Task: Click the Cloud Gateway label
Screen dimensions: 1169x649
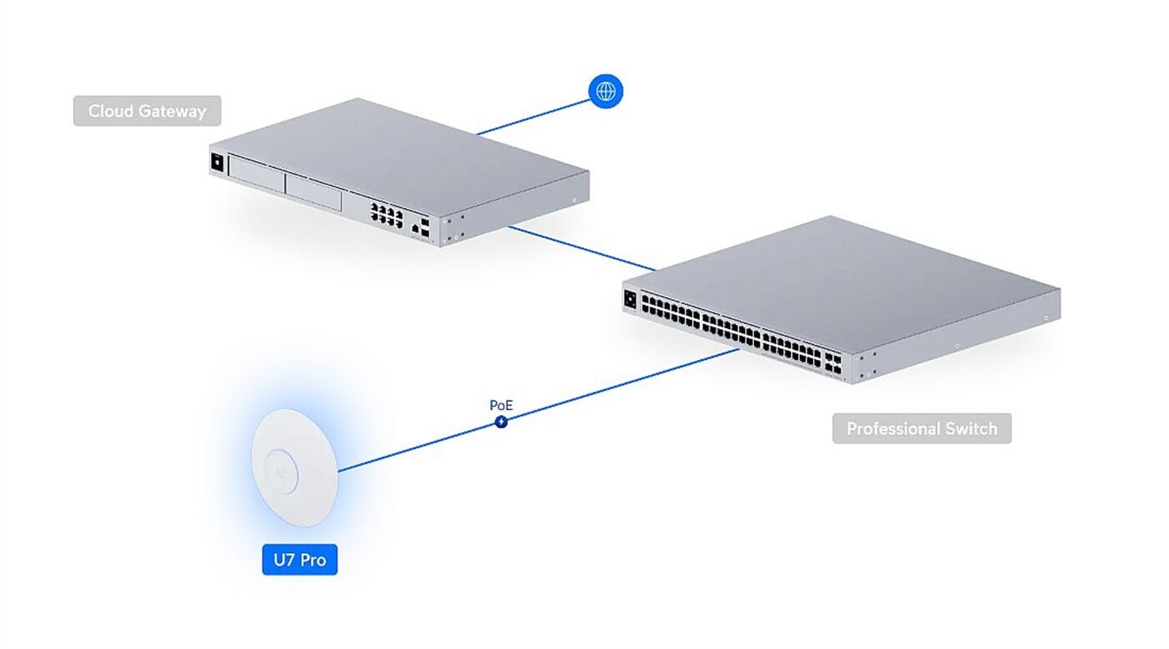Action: coord(147,111)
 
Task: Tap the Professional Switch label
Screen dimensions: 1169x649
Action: coord(922,428)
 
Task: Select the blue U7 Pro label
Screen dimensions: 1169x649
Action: coord(300,560)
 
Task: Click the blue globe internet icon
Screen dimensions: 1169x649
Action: coord(605,91)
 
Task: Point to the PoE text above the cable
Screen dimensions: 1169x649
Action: coord(501,405)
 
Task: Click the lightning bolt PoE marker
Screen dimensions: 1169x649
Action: coord(501,421)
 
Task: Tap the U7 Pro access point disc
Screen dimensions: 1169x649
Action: coord(295,467)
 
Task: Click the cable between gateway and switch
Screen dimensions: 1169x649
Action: coord(582,249)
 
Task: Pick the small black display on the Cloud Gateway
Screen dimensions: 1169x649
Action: coord(217,162)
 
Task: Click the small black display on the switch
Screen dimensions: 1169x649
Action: coord(630,299)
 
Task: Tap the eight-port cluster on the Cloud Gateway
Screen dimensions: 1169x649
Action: coord(387,215)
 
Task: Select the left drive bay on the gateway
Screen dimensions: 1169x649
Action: coord(256,174)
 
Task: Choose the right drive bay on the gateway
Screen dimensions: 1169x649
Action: coord(313,192)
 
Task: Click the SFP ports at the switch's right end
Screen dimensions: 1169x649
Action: coord(833,363)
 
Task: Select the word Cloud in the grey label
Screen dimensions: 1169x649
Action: coord(110,111)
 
